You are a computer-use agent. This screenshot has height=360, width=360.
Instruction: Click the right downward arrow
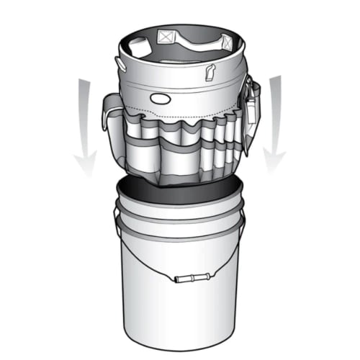coord(274,122)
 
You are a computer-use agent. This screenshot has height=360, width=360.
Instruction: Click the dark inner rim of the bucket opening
coord(180,189)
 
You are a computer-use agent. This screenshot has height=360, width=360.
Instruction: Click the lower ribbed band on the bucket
coord(180,229)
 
